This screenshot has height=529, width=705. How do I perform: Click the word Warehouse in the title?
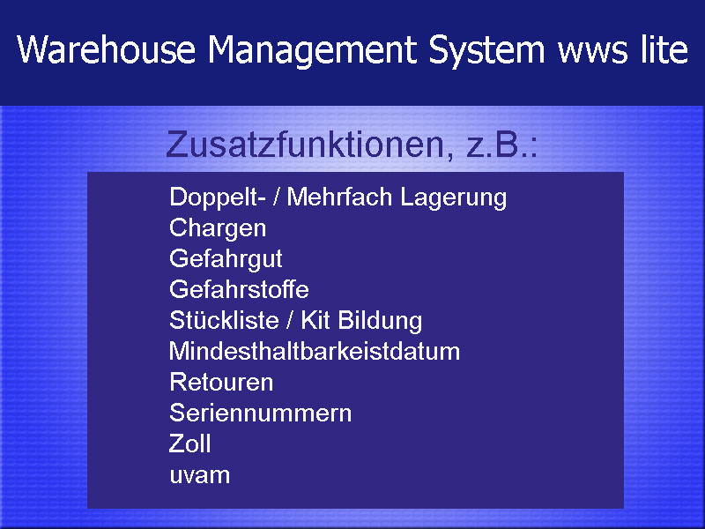coord(107,49)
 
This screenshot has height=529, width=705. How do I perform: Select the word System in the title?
coord(486,51)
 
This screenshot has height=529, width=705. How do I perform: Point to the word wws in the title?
coord(592,53)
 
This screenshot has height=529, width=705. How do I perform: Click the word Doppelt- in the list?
coord(217,197)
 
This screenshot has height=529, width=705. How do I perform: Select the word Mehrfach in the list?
coord(339,197)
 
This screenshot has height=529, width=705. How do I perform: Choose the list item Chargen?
coord(218,228)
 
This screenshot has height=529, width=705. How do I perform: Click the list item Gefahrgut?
coord(226,259)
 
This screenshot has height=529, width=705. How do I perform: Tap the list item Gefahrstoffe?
coord(239,289)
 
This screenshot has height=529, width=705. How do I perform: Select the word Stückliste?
coord(224,320)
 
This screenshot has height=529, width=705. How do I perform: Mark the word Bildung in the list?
coord(380,321)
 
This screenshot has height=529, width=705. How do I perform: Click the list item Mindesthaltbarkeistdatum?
coord(315,351)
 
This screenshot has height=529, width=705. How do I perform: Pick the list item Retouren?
coord(221,383)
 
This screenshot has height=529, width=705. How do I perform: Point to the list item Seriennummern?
coord(260,413)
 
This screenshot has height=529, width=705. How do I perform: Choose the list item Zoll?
coord(189,443)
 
